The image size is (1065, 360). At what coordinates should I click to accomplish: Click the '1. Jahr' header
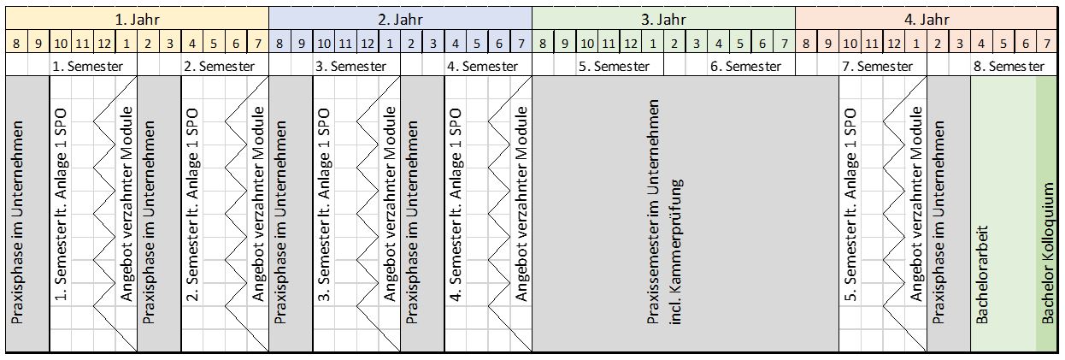pyautogui.click(x=137, y=18)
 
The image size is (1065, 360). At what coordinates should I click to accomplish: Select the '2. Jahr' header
pyautogui.click(x=400, y=18)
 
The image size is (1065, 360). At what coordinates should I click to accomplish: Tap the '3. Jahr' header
pyautogui.click(x=663, y=18)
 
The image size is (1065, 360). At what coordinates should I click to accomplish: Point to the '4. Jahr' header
pyautogui.click(x=927, y=18)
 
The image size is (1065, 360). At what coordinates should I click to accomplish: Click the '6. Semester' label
pyautogui.click(x=745, y=66)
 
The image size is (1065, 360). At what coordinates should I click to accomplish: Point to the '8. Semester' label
pyautogui.click(x=1010, y=66)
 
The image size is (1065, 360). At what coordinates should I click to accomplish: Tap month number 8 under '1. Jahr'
pyautogui.click(x=17, y=42)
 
